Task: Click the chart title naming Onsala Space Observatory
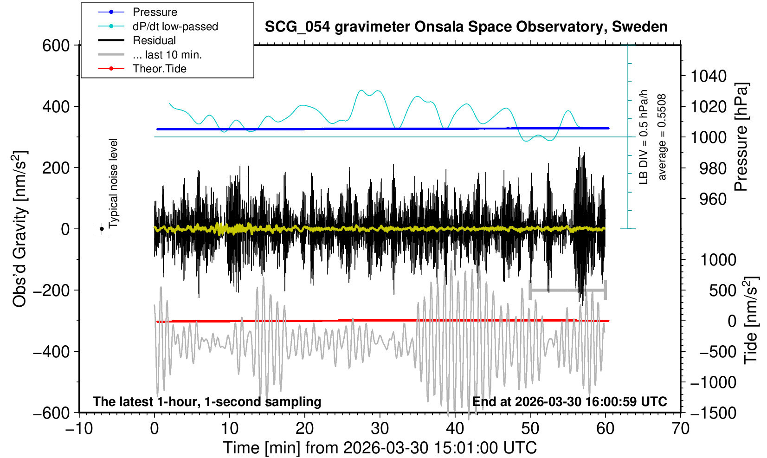(466, 27)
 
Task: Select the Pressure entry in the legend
(155, 12)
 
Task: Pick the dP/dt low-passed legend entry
(175, 26)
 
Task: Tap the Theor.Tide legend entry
(159, 69)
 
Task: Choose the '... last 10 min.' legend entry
(167, 55)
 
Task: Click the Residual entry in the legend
(154, 40)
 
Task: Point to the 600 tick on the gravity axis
(56, 45)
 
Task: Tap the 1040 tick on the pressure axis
(709, 76)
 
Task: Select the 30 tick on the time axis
(380, 428)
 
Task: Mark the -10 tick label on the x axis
(79, 428)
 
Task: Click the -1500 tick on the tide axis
(713, 413)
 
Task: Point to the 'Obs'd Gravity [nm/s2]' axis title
(20, 229)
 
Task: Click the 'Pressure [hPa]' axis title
(741, 137)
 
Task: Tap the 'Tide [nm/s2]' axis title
(751, 320)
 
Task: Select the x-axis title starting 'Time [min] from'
(380, 448)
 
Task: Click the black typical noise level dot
(102, 229)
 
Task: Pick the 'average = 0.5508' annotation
(662, 137)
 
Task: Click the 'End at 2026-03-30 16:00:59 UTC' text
(569, 402)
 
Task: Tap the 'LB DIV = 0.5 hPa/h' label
(644, 137)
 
